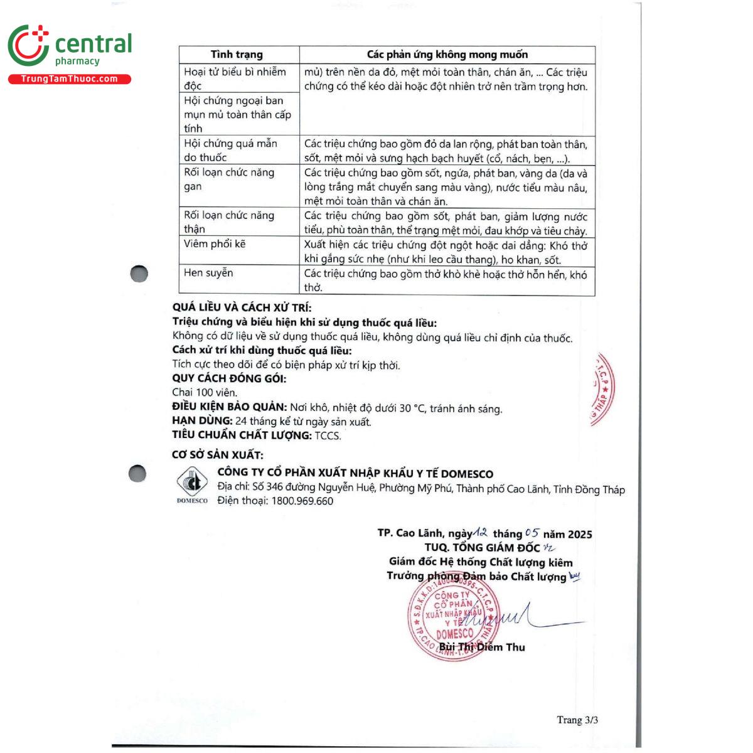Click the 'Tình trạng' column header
[x=237, y=55]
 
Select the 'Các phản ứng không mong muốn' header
[x=447, y=55]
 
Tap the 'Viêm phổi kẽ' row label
[x=215, y=243]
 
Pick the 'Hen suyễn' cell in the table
[x=208, y=272]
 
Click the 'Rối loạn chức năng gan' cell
[x=229, y=179]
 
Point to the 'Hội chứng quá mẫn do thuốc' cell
[x=230, y=150]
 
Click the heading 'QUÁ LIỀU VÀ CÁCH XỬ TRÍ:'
[x=242, y=307]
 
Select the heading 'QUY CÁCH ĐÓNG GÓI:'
[x=229, y=378]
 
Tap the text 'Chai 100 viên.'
[x=205, y=392]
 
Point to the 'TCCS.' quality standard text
[x=328, y=435]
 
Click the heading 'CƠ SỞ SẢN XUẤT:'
[x=218, y=455]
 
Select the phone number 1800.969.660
[x=302, y=501]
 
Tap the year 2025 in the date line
[x=580, y=534]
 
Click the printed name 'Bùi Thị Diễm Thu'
[x=482, y=647]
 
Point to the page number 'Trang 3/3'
[x=577, y=720]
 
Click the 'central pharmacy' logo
[x=70, y=46]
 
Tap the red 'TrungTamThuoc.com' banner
[x=70, y=79]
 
